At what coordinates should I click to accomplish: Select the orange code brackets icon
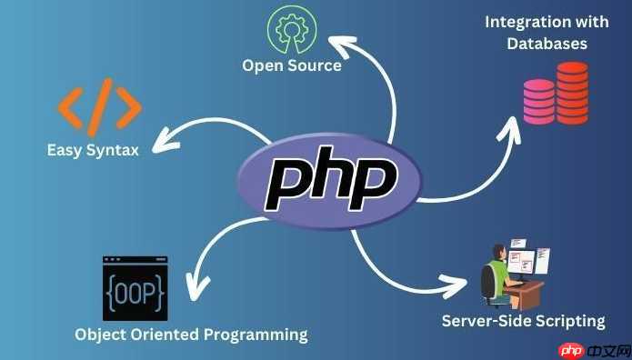[x=100, y=105]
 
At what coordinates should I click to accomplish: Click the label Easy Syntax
[x=93, y=149]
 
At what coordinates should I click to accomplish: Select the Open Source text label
[x=292, y=65]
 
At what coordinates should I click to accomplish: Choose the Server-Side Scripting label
[x=523, y=320]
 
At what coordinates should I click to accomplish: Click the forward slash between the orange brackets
[x=102, y=105]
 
